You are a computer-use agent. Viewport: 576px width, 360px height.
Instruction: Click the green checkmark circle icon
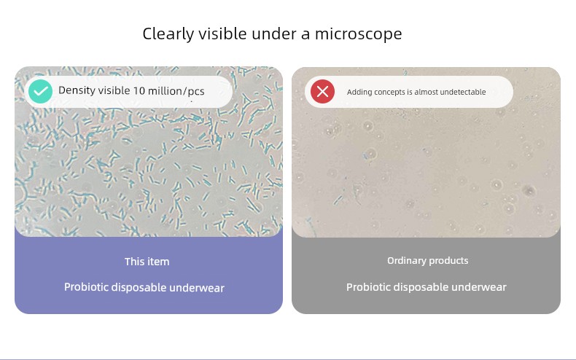click(x=40, y=92)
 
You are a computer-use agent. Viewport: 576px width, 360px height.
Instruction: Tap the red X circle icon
click(x=322, y=92)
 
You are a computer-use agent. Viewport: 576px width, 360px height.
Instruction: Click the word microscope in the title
click(x=359, y=34)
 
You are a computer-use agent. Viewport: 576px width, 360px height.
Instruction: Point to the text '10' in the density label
click(x=139, y=91)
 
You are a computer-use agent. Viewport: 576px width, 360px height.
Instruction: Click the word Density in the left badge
click(x=76, y=90)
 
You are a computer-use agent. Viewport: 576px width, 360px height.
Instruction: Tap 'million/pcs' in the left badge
click(x=176, y=91)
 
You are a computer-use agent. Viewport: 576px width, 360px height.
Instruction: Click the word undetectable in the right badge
click(x=463, y=92)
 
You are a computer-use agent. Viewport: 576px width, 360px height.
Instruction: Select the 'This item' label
click(x=147, y=262)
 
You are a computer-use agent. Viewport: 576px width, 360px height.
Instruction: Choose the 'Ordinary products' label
click(x=427, y=260)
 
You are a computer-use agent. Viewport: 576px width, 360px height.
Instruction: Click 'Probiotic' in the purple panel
click(x=86, y=287)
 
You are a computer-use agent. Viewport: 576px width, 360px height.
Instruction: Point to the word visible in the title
click(x=223, y=34)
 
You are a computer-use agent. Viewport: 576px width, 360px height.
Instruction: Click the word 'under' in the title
click(x=274, y=34)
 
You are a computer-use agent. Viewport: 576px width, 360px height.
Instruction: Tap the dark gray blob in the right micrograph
click(x=529, y=191)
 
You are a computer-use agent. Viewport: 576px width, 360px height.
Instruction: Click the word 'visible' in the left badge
click(x=113, y=90)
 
